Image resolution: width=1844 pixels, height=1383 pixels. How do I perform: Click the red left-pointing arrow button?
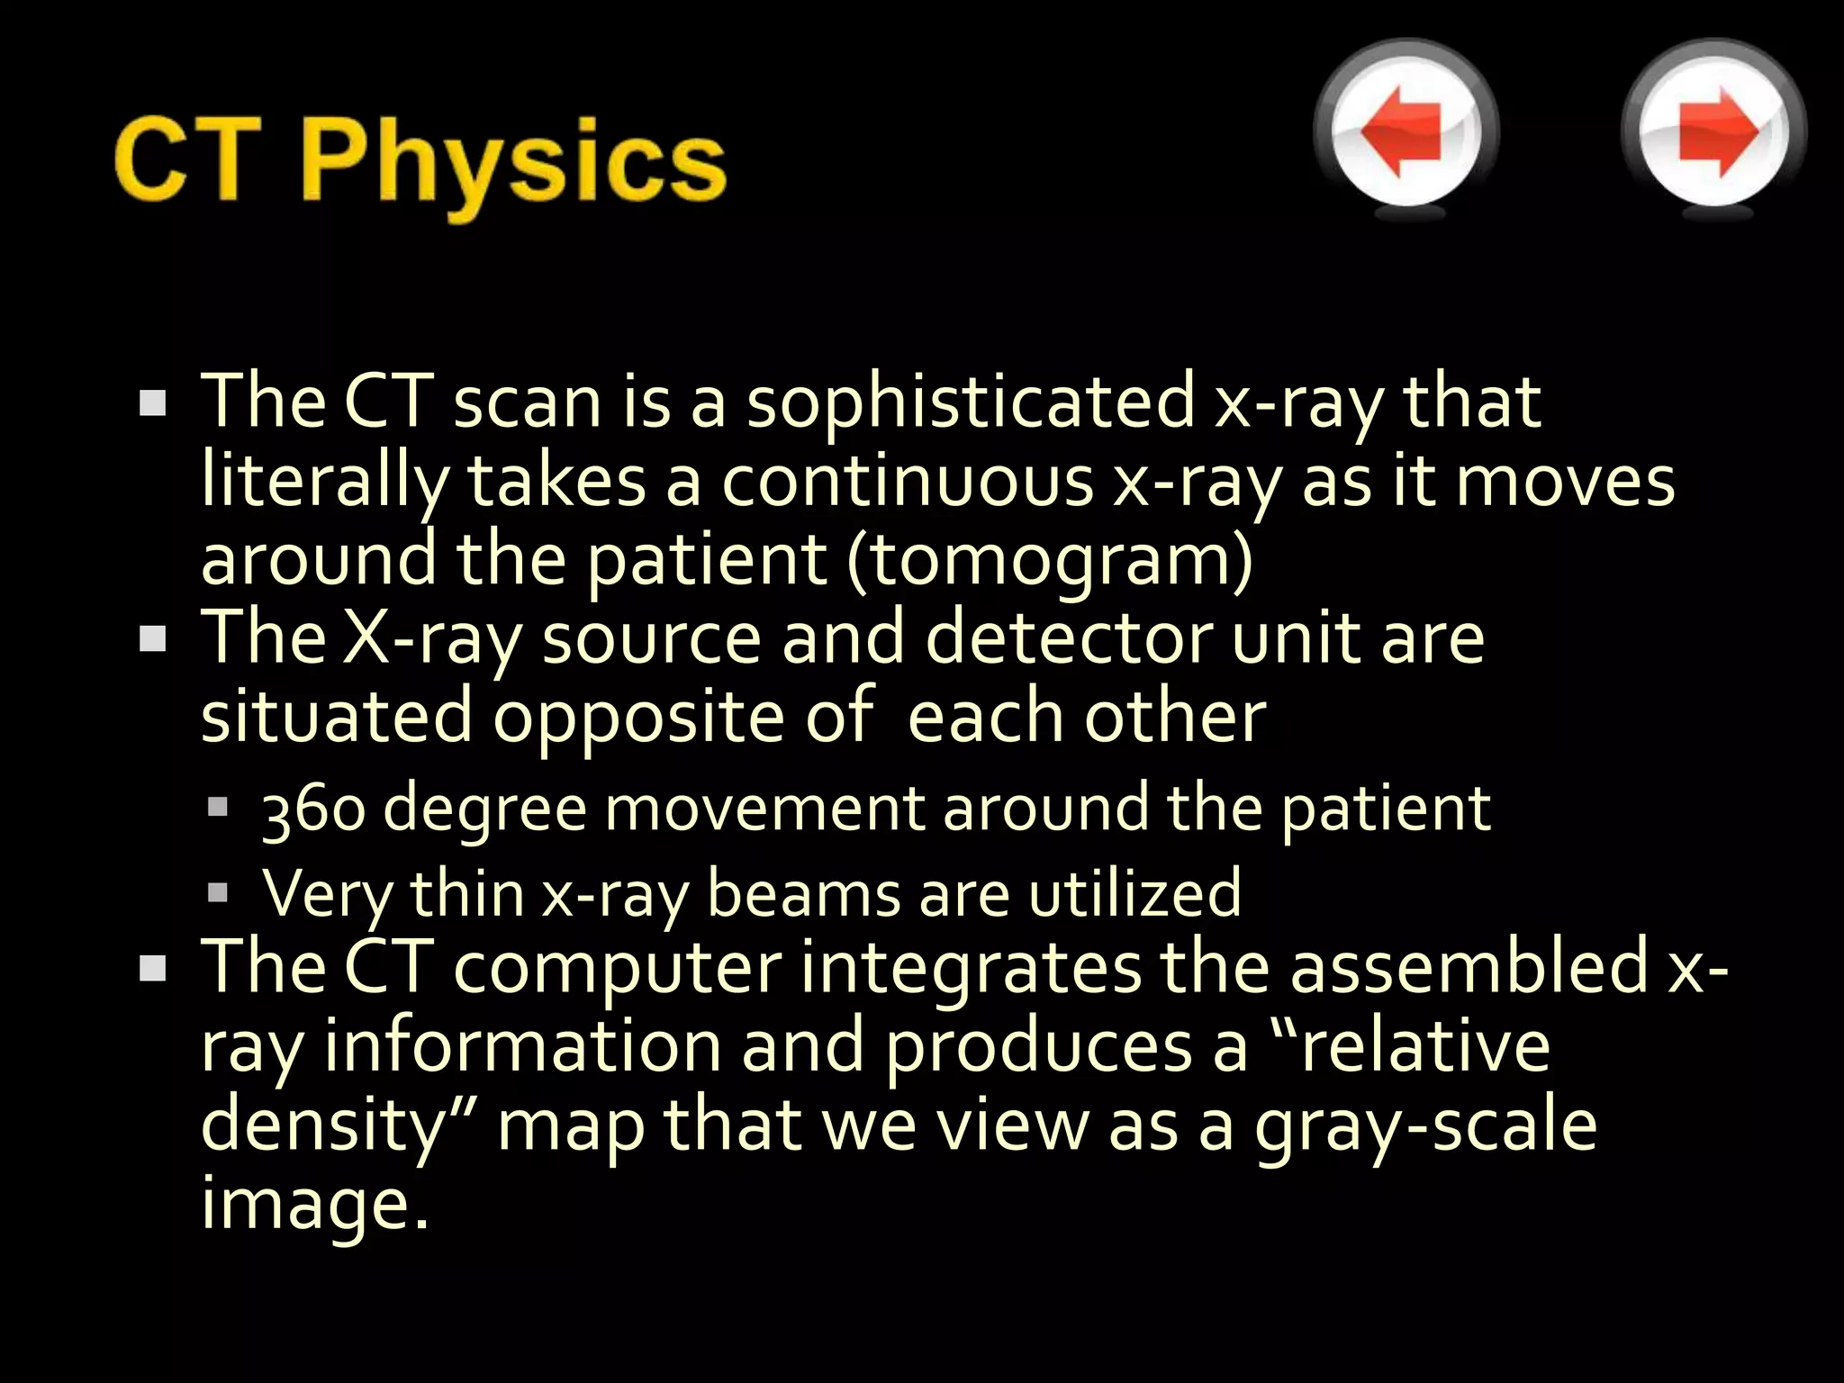(1405, 132)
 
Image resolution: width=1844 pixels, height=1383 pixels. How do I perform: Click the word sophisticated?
(971, 402)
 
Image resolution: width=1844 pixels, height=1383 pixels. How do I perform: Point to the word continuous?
(907, 482)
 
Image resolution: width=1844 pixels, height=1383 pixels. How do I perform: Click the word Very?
(327, 894)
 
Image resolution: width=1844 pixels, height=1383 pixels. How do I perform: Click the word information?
(522, 1047)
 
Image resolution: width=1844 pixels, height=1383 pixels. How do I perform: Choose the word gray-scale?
(1425, 1126)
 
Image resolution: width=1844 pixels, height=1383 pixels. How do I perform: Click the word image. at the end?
(314, 1205)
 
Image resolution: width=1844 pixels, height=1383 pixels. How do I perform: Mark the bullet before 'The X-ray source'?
(154, 640)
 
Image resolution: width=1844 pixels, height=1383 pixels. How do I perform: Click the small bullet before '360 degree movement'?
(218, 807)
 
